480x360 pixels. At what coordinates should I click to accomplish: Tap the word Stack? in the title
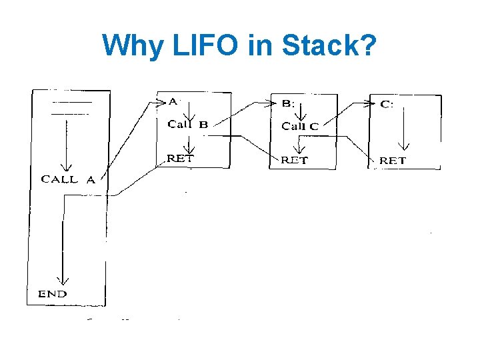pos(329,45)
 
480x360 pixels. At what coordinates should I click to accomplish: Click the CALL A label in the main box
pos(68,179)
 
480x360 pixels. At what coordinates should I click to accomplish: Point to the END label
pos(52,294)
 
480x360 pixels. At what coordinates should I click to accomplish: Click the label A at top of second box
pos(173,101)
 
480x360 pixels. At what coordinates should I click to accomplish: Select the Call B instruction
pos(188,125)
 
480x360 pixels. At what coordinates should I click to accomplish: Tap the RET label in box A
pos(181,159)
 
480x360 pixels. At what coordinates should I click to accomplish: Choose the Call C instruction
pos(300,126)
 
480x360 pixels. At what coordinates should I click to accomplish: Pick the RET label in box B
pos(294,160)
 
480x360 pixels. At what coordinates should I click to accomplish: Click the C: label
pos(387,104)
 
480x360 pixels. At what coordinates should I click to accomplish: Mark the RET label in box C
pos(393,161)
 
